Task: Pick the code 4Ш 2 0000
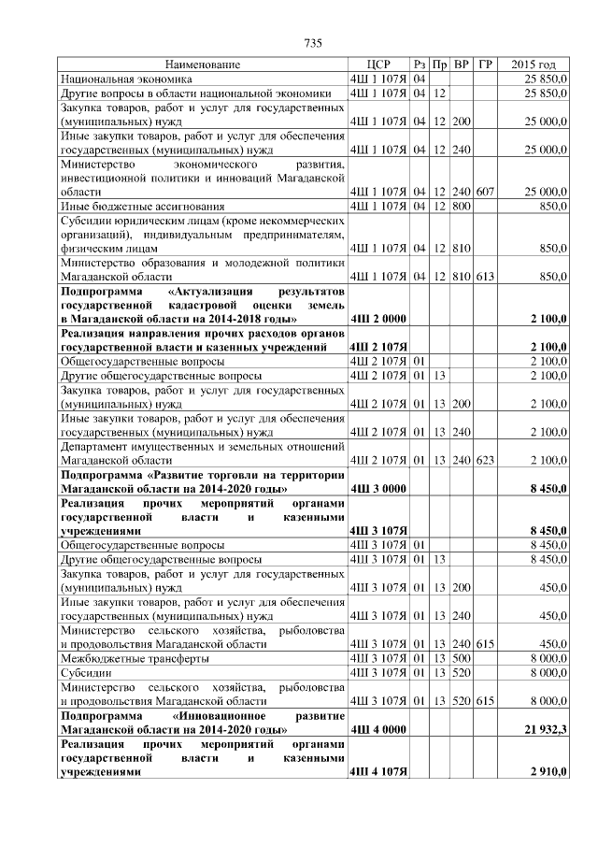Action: [x=377, y=319]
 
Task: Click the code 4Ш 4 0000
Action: [x=377, y=728]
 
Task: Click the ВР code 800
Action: [x=461, y=206]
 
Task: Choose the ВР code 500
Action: [x=461, y=658]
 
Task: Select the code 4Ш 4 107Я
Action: [x=377, y=773]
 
